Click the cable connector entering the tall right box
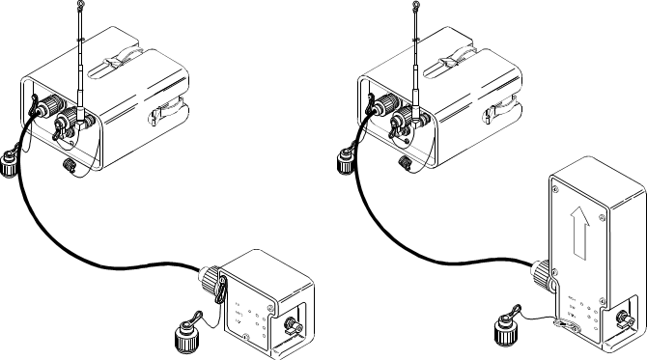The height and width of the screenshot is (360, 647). tap(540, 276)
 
